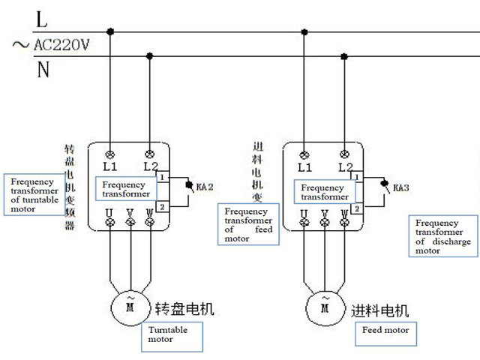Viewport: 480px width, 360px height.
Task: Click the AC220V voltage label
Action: (61, 45)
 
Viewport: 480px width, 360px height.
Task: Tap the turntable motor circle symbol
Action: (130, 305)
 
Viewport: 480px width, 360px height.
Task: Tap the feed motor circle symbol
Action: (325, 305)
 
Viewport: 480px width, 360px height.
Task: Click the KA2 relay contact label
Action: (204, 185)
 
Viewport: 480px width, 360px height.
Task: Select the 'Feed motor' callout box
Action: (385, 330)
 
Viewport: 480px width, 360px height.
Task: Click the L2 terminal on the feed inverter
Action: (344, 153)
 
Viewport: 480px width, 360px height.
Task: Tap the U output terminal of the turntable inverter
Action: (110, 222)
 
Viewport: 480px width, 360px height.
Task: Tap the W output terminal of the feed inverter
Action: (344, 222)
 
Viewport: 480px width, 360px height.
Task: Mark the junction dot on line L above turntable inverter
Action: (111, 31)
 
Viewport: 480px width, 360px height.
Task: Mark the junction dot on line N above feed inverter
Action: (344, 55)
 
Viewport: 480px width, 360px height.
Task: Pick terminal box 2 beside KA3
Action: (358, 208)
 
